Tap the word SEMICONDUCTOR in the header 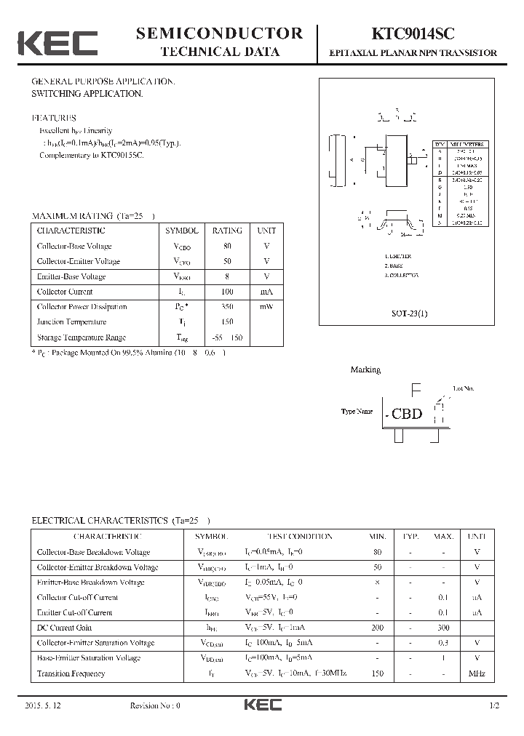[219, 33]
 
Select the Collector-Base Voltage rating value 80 [227, 246]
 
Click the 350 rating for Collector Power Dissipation [227, 307]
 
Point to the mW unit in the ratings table [266, 307]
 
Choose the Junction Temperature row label [71, 322]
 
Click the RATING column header [227, 231]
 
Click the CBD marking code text [407, 414]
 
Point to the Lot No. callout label [463, 389]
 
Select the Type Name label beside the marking [357, 412]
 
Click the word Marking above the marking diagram [365, 369]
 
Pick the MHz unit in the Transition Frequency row [477, 673]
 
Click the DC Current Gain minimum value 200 [377, 628]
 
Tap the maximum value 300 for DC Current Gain [443, 628]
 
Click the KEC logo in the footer [261, 705]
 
